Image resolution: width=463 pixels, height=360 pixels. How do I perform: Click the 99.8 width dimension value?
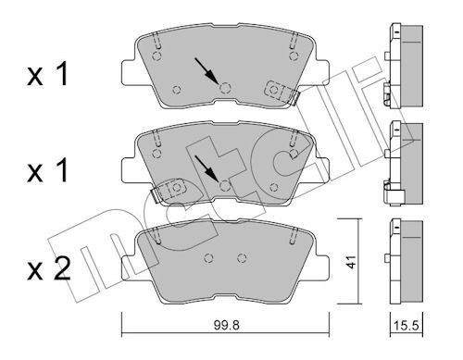point(226,325)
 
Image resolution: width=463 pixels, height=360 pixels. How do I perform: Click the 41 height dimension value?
point(351,262)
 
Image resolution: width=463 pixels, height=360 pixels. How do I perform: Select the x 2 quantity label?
point(49,268)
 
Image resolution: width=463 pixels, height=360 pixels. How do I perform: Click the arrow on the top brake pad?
point(206,70)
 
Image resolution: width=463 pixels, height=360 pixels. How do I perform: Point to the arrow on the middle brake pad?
point(206,168)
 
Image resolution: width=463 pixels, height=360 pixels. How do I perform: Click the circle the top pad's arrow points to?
point(225,88)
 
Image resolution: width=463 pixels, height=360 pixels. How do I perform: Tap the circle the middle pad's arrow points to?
point(225,185)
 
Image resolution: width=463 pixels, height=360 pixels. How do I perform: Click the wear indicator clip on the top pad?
point(281,92)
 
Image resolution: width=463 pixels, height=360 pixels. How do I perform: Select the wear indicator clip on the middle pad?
point(169,190)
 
